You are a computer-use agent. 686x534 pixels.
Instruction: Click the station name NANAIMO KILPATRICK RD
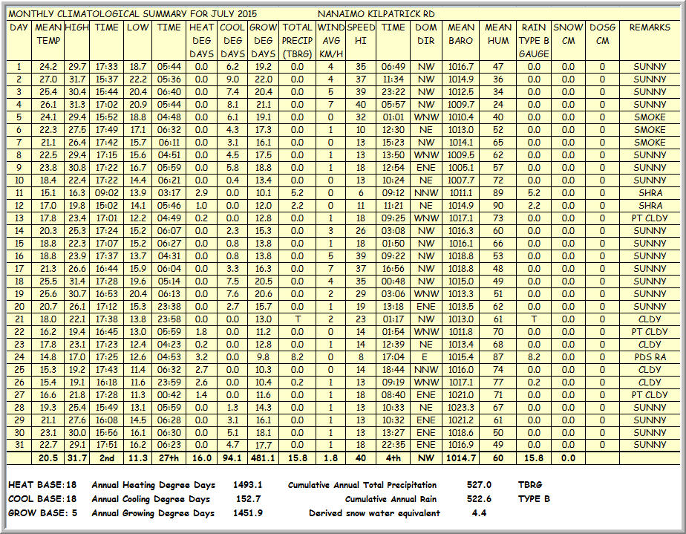coord(376,14)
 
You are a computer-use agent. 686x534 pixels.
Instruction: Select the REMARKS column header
coord(650,27)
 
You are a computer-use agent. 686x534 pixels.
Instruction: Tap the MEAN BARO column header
coord(461,34)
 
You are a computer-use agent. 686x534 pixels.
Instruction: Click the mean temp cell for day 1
coord(48,67)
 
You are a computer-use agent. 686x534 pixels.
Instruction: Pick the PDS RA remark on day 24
coord(650,357)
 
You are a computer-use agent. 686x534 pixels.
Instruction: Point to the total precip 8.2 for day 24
coord(297,357)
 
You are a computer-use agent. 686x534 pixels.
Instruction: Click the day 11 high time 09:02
coord(107,193)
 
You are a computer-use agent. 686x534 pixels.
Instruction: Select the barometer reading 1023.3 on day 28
coord(461,408)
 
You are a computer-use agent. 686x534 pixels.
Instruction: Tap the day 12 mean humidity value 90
coord(497,206)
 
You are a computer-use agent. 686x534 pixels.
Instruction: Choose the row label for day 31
coord(19,446)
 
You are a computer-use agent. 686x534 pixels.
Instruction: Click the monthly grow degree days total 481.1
coord(264,459)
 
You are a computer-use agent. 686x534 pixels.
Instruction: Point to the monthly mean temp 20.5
coord(49,459)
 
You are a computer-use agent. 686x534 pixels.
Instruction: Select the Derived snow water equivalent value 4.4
coord(480,513)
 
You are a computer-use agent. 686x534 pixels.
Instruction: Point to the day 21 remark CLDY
coord(650,319)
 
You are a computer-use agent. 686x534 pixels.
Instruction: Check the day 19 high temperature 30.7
coord(76,294)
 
